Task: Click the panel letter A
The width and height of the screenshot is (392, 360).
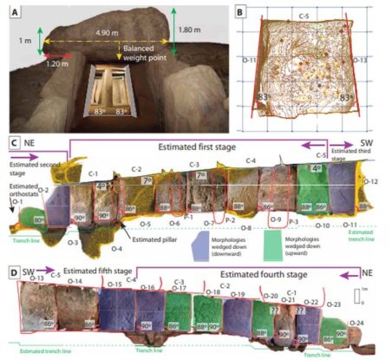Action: (x=12, y=12)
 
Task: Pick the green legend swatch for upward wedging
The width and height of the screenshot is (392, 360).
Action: (x=291, y=234)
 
